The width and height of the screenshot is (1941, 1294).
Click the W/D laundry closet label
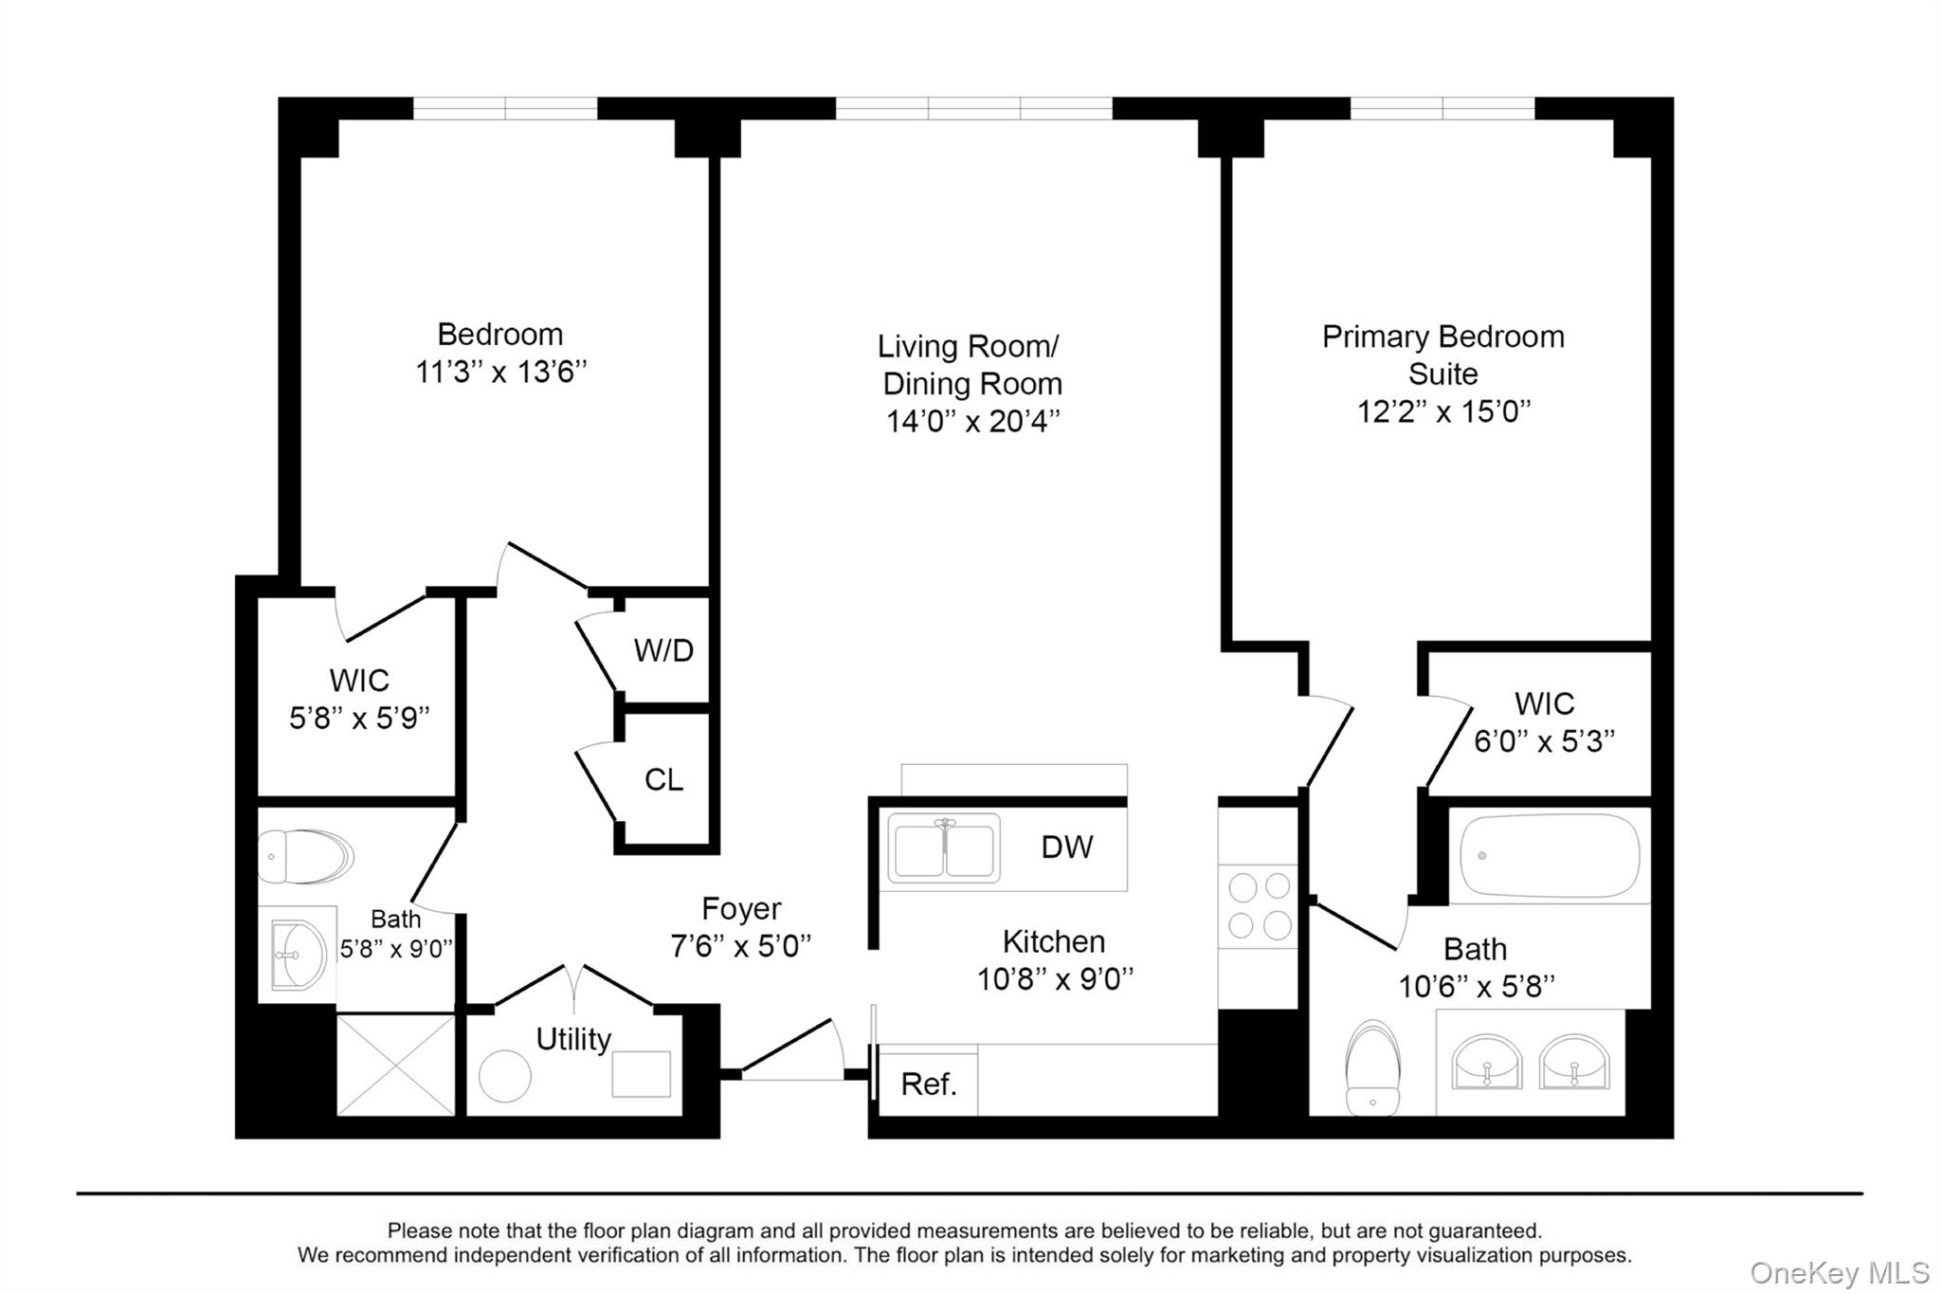(663, 650)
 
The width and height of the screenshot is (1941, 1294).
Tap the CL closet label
(663, 779)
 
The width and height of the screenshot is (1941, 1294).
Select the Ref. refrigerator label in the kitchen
(929, 1084)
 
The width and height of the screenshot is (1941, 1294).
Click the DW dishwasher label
(1067, 847)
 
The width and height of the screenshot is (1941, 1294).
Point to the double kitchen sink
(944, 847)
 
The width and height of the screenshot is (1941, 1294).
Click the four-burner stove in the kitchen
(1259, 905)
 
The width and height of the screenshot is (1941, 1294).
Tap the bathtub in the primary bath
(1550, 855)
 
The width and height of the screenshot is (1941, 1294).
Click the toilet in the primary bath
(1372, 1066)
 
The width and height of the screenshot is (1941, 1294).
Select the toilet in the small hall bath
(305, 857)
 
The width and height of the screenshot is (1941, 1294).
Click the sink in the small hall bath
(299, 955)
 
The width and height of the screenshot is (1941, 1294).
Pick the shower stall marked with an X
(396, 1065)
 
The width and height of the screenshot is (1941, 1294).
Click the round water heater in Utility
(505, 1076)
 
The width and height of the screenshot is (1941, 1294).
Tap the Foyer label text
(741, 908)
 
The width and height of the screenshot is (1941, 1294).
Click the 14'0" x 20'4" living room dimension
(972, 421)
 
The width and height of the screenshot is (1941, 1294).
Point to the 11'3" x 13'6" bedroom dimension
(500, 371)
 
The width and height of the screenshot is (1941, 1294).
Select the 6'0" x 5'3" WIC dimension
(1544, 740)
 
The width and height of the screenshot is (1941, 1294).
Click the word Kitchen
(1054, 941)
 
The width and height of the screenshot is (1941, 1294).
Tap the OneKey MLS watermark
(1840, 1272)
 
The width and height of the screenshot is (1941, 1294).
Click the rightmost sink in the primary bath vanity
(1574, 1062)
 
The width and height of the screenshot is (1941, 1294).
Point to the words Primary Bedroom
(1443, 337)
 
